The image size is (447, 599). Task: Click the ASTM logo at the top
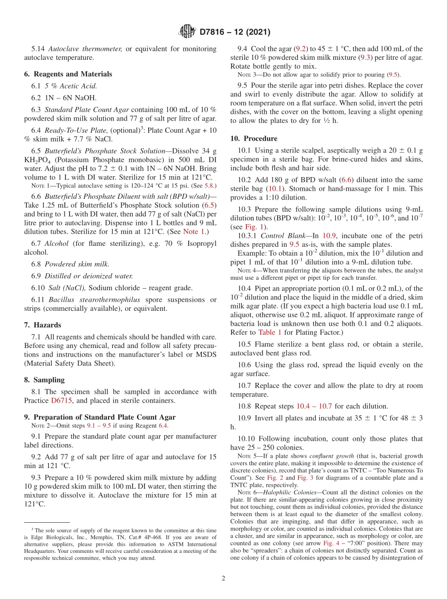(187, 32)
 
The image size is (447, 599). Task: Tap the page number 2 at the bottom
(223, 578)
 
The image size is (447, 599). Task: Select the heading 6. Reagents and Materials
(68, 74)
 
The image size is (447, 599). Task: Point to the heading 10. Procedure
(254, 138)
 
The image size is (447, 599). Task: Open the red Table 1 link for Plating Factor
(269, 332)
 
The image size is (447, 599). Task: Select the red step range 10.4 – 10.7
(314, 406)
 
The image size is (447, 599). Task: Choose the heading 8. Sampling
(44, 380)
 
